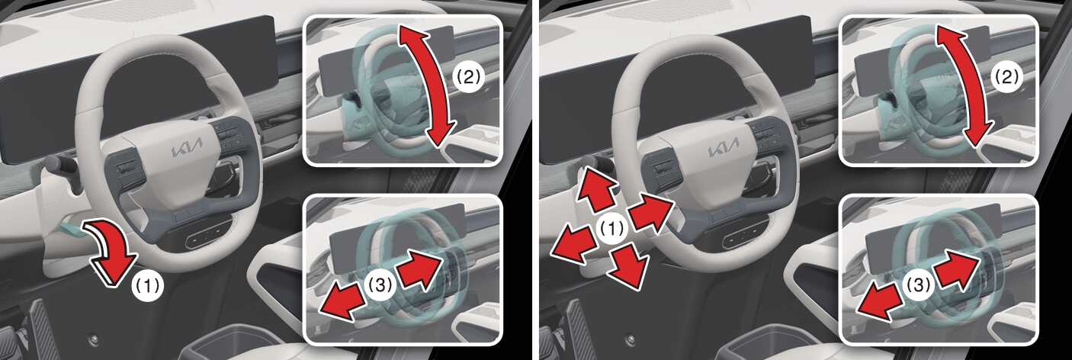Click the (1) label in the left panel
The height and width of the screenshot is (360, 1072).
[147, 286]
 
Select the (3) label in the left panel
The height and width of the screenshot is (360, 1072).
[380, 285]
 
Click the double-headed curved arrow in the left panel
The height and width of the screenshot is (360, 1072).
[426, 86]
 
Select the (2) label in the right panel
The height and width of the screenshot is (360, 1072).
[1006, 77]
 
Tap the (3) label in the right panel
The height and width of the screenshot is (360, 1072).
[919, 285]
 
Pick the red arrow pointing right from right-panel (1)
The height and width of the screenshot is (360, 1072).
[651, 211]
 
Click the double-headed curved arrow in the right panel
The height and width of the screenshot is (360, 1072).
[964, 86]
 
